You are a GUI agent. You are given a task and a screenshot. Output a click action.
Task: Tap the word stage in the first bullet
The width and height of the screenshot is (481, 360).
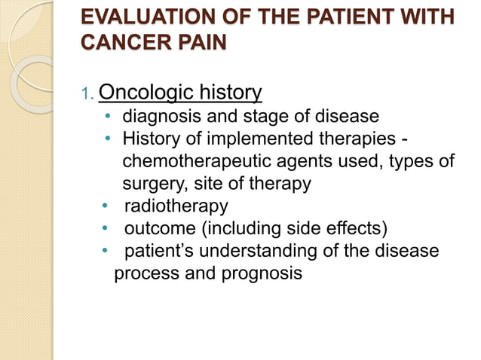pyautogui.click(x=248, y=117)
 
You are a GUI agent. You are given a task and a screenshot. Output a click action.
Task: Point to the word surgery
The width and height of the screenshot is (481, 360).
pyautogui.click(x=151, y=184)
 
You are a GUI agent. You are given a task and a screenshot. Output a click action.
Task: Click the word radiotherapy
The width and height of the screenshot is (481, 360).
pyautogui.click(x=176, y=206)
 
